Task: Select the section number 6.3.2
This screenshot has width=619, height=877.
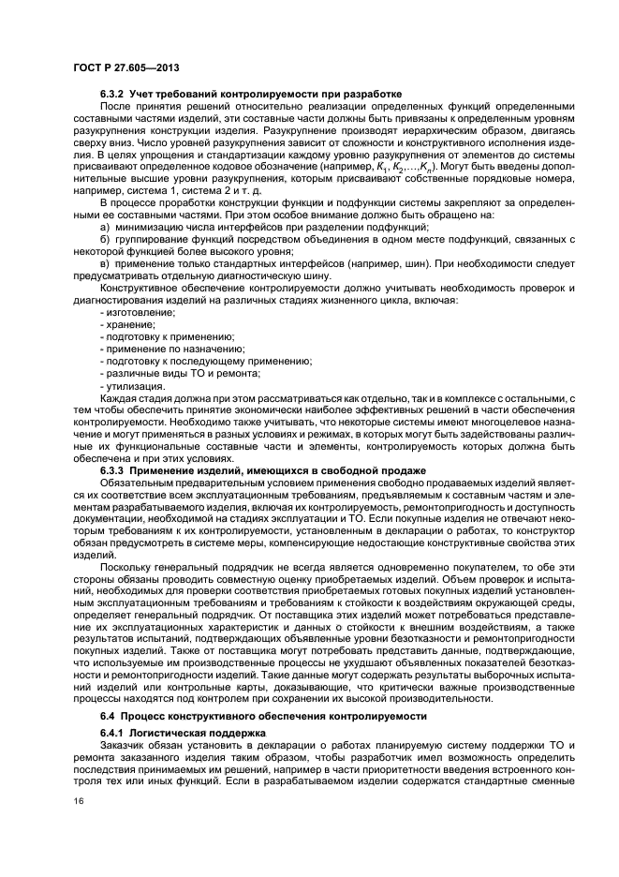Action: (x=114, y=94)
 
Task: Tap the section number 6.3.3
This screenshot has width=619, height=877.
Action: (x=114, y=469)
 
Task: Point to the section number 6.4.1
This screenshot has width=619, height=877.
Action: (x=114, y=730)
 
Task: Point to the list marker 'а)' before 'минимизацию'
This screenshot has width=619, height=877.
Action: (x=104, y=228)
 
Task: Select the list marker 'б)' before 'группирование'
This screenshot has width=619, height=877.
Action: (x=104, y=240)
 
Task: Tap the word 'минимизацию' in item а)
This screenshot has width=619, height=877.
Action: (x=146, y=228)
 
